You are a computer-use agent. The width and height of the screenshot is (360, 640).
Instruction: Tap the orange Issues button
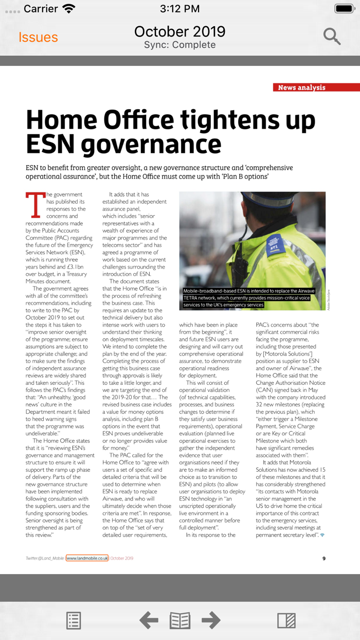[38, 38]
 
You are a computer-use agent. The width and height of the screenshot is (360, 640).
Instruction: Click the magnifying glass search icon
[332, 37]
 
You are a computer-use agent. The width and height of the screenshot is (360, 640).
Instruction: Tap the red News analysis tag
[301, 87]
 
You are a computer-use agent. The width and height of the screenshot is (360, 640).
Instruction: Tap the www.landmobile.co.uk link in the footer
[87, 558]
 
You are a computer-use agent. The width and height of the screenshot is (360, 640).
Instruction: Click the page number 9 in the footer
[323, 558]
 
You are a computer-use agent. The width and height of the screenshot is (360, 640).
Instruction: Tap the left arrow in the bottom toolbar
[149, 620]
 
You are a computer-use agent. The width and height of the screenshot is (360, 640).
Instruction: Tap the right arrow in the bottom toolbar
[211, 620]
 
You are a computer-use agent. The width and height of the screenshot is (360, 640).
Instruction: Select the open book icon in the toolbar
[180, 620]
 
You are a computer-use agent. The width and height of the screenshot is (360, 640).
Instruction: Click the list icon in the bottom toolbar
[74, 620]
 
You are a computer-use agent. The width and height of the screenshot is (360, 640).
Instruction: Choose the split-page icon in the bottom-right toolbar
[286, 620]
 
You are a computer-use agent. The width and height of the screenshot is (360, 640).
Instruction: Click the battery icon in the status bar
[344, 8]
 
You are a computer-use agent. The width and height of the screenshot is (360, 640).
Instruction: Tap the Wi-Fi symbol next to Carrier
[68, 9]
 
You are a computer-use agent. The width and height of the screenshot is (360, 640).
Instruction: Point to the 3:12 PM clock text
[179, 9]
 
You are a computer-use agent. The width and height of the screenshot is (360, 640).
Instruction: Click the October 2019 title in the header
[179, 31]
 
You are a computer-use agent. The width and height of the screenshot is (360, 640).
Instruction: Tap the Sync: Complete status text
[179, 45]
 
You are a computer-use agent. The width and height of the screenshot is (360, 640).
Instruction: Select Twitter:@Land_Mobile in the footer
[45, 558]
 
